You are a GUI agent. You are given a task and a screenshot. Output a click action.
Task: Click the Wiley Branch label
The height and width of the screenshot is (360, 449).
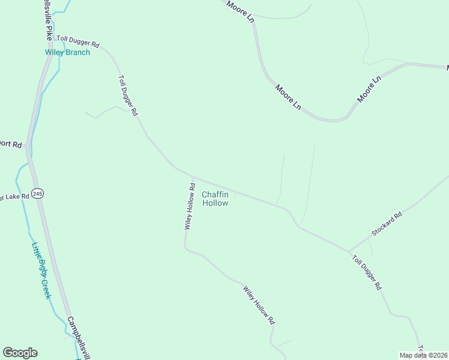pyautogui.click(x=68, y=52)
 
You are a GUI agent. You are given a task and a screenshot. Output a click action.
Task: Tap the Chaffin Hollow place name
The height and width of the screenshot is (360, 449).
pyautogui.click(x=215, y=199)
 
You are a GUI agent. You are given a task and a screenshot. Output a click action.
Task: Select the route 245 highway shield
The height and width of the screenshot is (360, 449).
pyautogui.click(x=38, y=193)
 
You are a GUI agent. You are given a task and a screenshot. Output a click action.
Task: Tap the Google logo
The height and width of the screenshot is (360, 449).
pyautogui.click(x=20, y=353)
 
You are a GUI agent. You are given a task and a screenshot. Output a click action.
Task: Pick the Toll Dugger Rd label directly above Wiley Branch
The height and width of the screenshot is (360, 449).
pyautogui.click(x=78, y=42)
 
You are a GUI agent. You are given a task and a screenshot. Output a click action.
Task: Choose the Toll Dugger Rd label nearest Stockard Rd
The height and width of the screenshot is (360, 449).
pyautogui.click(x=367, y=271)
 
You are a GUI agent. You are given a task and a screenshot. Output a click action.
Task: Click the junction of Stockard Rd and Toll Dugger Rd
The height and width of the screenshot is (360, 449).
pyautogui.click(x=349, y=251)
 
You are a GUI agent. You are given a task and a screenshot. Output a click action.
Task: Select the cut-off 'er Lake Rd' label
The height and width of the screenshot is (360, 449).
pyautogui.click(x=14, y=197)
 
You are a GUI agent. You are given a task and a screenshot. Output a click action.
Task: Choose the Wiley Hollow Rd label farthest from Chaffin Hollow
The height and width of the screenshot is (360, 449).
pyautogui.click(x=259, y=305)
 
